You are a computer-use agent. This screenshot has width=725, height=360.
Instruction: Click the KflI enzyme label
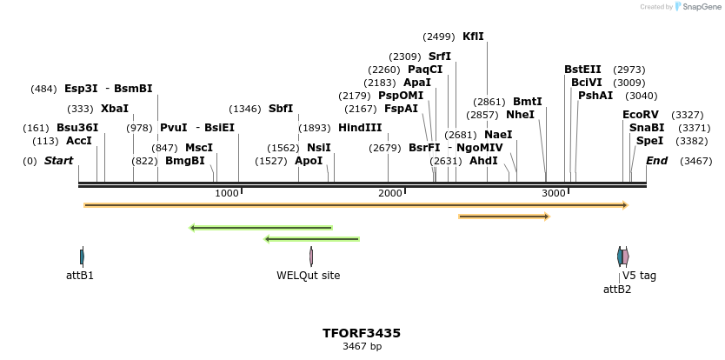pos(473,37)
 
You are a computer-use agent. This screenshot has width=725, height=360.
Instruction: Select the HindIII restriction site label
pos(360,128)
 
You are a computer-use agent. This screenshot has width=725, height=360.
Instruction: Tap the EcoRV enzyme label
pos(641,115)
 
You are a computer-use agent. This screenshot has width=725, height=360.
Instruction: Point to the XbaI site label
pos(114,109)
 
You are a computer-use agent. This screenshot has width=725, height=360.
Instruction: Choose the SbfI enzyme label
pos(281,109)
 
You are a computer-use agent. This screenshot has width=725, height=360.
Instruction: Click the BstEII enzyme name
pos(582,70)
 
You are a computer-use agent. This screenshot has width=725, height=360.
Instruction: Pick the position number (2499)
pos(439,37)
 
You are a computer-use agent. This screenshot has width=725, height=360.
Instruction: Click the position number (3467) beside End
pos(695,161)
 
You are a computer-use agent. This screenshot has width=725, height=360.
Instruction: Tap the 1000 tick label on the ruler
pos(227,193)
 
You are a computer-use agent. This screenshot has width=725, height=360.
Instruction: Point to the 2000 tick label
pos(390,193)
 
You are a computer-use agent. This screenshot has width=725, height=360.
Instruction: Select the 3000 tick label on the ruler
pos(554,193)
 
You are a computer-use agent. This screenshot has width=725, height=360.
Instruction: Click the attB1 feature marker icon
pos(82,257)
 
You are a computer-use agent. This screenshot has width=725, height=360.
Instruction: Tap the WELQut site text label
pos(309,276)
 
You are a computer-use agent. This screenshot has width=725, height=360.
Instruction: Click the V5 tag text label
pos(639,276)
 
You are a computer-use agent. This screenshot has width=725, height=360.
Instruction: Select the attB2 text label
pos(617,290)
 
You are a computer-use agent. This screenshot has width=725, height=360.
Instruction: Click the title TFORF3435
pos(362,333)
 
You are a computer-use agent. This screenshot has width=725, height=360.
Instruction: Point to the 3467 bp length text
pos(362,347)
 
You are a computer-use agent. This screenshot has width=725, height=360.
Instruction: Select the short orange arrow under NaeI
pos(504,216)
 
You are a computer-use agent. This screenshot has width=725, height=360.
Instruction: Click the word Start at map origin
pos(58,161)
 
